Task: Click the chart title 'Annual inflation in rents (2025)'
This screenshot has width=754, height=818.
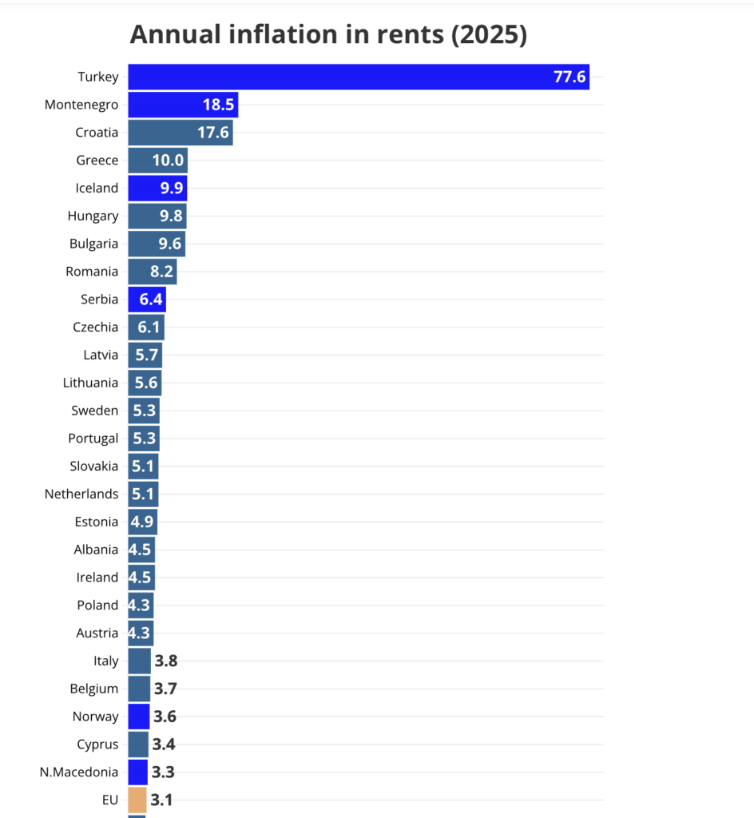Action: coord(328,34)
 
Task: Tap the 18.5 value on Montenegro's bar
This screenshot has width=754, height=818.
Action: coord(218,105)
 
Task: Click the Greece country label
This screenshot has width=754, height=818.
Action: coord(97,161)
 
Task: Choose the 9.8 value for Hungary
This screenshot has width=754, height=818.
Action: coord(170,216)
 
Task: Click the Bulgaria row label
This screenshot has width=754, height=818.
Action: coord(93,244)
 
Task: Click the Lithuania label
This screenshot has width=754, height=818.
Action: coord(90,383)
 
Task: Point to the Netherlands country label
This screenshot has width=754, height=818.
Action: coord(81,494)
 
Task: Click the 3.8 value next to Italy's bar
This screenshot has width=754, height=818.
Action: coord(165,661)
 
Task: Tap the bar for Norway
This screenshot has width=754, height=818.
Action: coord(138,717)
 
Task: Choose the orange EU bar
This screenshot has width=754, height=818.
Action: coord(137,800)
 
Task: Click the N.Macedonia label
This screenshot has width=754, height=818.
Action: coord(78,772)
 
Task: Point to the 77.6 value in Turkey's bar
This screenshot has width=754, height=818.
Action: coord(569,77)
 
